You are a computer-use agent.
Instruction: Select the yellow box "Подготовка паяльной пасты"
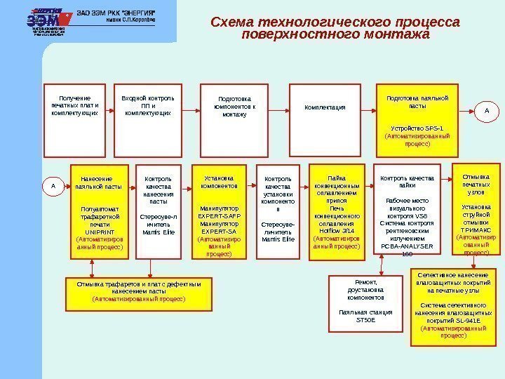(x=417, y=123)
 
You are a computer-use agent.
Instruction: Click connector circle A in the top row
(x=486, y=110)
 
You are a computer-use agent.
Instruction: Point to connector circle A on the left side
(x=51, y=186)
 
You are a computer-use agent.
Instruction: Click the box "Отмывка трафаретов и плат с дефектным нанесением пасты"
(x=138, y=293)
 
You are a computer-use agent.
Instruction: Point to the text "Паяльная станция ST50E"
(x=366, y=316)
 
